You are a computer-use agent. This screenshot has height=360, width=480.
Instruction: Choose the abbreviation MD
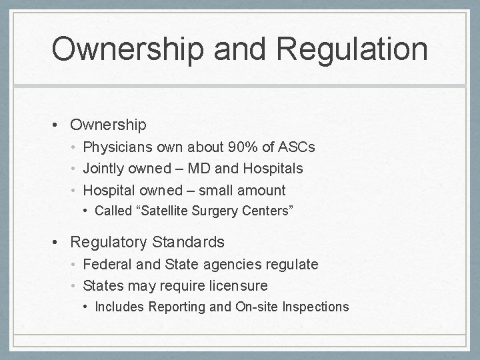(x=223, y=169)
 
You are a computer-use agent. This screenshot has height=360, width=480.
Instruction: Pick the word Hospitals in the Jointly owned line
(x=273, y=169)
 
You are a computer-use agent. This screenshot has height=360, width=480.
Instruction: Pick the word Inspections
(x=316, y=307)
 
